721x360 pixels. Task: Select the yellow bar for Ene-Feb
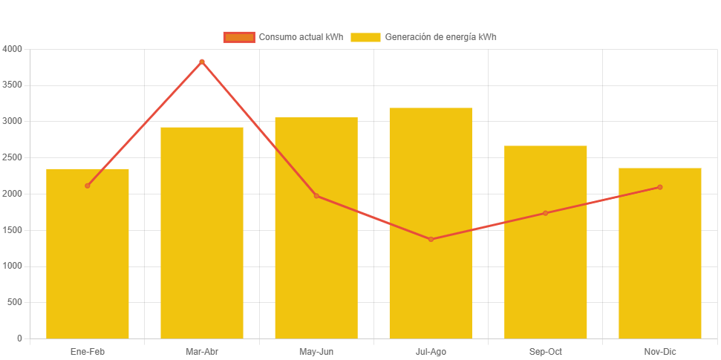[88, 253]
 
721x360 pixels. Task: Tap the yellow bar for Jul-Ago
[431, 223]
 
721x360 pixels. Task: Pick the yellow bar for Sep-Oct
[545, 242]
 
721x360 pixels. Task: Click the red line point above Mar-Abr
[202, 62]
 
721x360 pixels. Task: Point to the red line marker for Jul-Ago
[431, 239]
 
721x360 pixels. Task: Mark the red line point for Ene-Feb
[88, 186]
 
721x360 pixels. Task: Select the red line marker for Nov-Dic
[659, 187]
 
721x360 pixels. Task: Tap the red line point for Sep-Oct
[545, 213]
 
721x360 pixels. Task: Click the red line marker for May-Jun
[316, 196]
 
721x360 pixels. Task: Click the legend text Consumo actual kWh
[301, 37]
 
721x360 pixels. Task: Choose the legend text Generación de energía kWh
[440, 37]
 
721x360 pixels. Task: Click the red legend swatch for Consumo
[238, 37]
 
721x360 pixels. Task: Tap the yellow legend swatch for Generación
[365, 37]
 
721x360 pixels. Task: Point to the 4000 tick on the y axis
[13, 49]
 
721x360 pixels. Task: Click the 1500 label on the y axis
[13, 230]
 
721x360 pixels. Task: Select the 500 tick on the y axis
[15, 302]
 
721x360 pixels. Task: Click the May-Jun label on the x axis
[316, 352]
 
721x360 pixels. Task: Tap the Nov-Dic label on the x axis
[659, 352]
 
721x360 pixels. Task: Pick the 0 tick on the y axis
[19, 338]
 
